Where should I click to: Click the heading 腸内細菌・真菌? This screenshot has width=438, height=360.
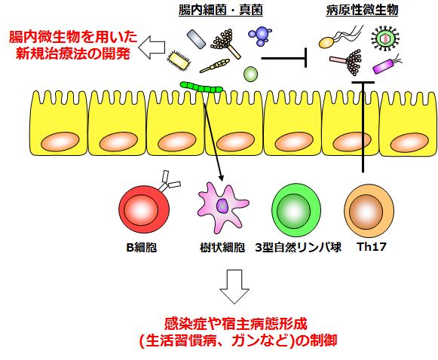coord(221,11)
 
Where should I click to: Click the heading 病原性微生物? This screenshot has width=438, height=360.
coord(362,11)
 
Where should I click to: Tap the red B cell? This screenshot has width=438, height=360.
coord(144,209)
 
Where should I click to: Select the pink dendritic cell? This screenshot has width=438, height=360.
coord(222,207)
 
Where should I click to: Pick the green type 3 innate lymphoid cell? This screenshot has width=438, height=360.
coord(296,210)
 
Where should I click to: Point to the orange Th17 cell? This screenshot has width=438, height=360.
coord(369,211)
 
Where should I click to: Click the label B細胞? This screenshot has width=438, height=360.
coord(142,247)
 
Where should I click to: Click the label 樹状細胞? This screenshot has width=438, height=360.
coord(222,247)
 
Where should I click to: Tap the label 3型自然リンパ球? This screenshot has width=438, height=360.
coord(298,247)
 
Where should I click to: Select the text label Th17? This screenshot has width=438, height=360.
coord(371,247)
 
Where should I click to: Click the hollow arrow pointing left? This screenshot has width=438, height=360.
coord(152,47)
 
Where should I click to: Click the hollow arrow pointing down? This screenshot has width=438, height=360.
coord(234,287)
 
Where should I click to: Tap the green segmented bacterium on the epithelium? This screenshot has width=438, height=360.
coord(201,87)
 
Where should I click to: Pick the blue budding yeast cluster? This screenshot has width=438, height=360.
coord(260,35)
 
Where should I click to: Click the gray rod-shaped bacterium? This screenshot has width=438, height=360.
coord(196,39)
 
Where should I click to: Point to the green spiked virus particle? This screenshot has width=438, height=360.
coord(385,38)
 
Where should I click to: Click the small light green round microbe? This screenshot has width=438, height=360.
coord(250,74)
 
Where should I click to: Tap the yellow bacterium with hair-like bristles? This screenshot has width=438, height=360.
coord(179,60)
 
